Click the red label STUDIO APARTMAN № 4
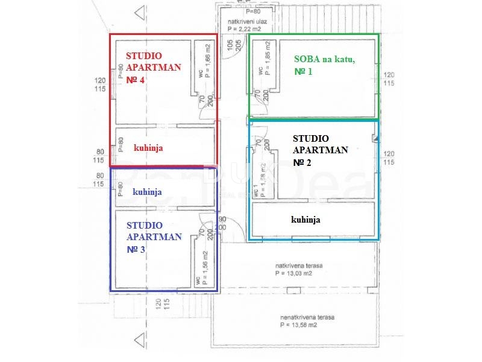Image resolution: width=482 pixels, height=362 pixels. (x=153, y=68)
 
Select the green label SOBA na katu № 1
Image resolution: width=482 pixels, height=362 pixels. (x=324, y=65)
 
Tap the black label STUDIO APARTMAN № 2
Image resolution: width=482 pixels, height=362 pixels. (x=320, y=150)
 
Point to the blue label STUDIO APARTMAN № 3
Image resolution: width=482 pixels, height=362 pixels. (x=154, y=237)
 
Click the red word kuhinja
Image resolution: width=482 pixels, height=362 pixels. (x=148, y=147)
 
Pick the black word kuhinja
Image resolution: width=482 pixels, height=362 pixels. (x=305, y=220)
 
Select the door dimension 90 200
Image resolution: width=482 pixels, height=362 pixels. (x=222, y=223)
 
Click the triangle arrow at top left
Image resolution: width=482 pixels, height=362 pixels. (x=140, y=11)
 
